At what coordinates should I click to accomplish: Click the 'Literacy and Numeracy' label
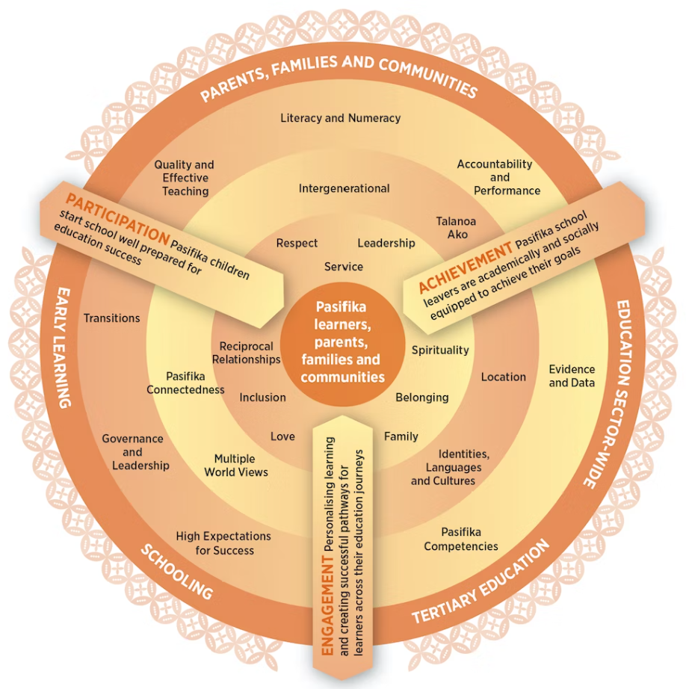click(340, 118)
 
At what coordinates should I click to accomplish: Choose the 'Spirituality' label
click(440, 350)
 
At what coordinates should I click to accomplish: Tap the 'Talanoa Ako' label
click(456, 228)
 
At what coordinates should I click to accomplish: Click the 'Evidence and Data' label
click(572, 376)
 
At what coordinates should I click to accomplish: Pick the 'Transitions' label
click(112, 318)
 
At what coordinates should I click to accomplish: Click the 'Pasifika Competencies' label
click(461, 539)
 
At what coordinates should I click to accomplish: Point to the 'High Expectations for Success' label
click(223, 543)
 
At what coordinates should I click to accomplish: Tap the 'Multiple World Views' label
click(235, 465)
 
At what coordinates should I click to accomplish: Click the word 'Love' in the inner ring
click(282, 436)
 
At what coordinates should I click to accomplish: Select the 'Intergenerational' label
click(344, 188)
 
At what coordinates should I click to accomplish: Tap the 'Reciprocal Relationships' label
click(246, 353)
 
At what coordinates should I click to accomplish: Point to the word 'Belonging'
click(421, 397)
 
